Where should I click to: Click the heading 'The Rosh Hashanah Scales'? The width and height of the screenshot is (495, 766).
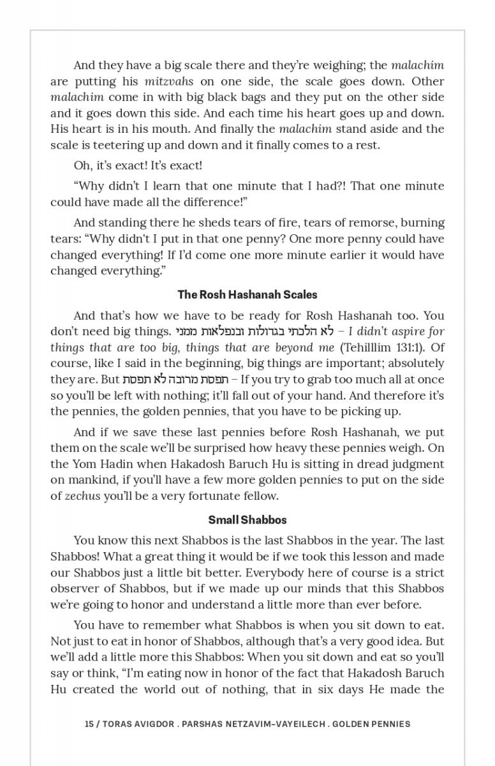(247, 295)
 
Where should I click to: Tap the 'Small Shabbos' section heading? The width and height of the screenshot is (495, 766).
(247, 520)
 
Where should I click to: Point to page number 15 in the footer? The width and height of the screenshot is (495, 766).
(89, 724)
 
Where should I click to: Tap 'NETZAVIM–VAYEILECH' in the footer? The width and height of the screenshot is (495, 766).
(276, 724)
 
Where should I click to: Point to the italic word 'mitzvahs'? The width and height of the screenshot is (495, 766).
(168, 81)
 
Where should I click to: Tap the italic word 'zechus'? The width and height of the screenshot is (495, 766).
(82, 496)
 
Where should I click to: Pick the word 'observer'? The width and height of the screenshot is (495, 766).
(74, 589)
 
